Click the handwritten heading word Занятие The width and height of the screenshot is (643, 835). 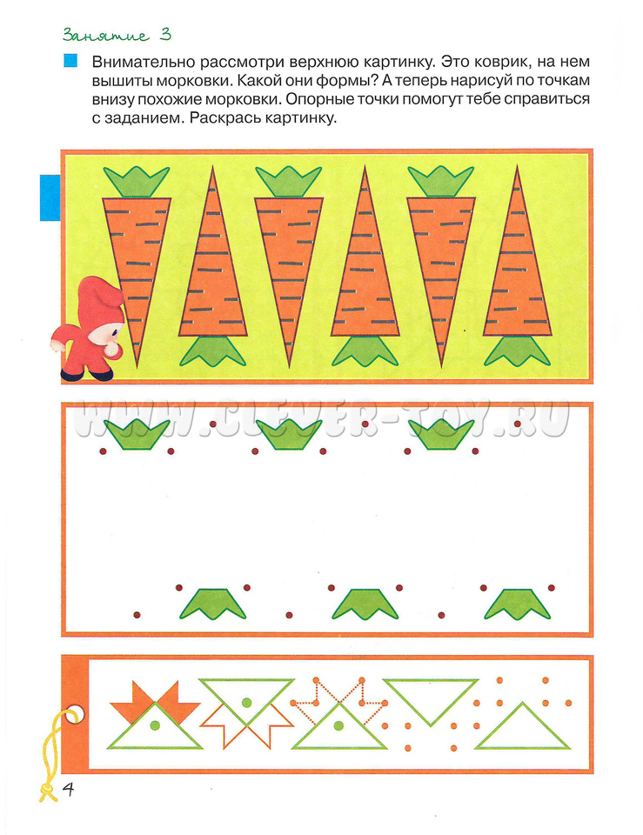pyautogui.click(x=105, y=36)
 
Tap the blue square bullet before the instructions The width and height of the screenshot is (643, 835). pyautogui.click(x=70, y=60)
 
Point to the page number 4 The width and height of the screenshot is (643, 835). pyautogui.click(x=68, y=789)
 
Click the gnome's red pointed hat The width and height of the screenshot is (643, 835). pyautogui.click(x=103, y=297)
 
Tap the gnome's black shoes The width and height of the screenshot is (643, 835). pyautogui.click(x=89, y=376)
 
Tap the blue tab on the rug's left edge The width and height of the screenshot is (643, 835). pyautogui.click(x=50, y=197)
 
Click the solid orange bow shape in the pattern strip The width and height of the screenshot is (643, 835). pyautogui.click(x=155, y=698)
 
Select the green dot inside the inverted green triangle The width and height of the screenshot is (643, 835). pyautogui.click(x=246, y=703)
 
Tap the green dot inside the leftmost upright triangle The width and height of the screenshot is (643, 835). pyautogui.click(x=155, y=725)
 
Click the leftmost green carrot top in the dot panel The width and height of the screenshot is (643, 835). pyautogui.click(x=137, y=435)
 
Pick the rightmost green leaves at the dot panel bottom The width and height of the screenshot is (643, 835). pyautogui.click(x=517, y=604)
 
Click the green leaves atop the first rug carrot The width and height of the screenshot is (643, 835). pyautogui.click(x=137, y=182)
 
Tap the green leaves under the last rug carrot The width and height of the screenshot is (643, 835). pyautogui.click(x=517, y=351)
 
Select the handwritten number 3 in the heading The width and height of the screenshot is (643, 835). pyautogui.click(x=165, y=35)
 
